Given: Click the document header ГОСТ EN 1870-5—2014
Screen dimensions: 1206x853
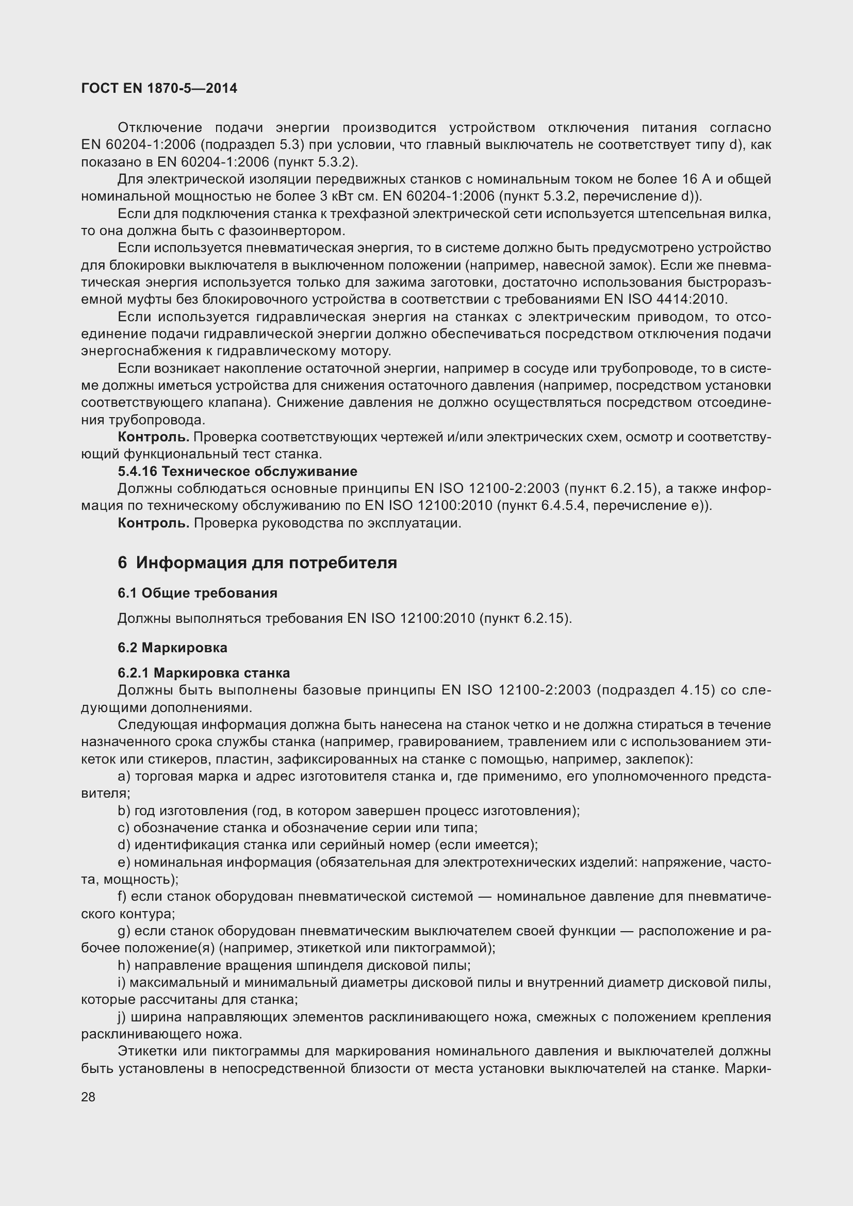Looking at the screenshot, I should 159,88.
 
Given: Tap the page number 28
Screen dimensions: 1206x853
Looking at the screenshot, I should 88,1097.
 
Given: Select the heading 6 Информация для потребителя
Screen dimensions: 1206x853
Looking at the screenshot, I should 257,563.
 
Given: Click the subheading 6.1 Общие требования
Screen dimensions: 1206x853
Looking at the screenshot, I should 198,593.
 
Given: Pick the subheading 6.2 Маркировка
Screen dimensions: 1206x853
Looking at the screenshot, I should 172,648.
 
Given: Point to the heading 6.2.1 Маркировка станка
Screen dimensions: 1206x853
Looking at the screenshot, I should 204,673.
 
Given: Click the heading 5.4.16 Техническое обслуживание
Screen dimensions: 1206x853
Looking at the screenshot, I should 237,471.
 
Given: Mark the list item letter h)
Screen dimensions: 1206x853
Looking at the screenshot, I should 124,965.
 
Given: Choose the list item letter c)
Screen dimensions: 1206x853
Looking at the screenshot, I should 123,828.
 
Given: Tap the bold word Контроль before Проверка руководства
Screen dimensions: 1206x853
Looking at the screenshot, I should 153,523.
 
